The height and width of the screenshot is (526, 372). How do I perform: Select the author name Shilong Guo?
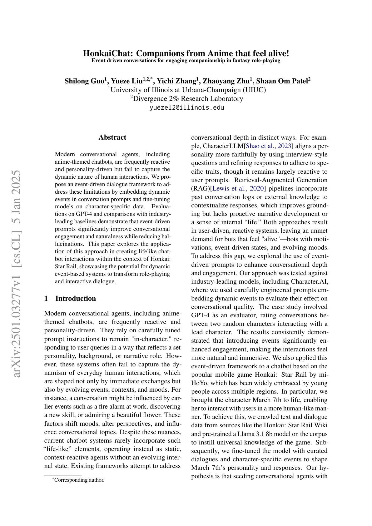coord(84,81)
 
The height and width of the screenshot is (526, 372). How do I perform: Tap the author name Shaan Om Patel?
coord(282,81)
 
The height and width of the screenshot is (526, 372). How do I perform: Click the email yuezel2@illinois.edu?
coord(187,107)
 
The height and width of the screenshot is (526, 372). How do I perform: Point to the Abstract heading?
coord(112,137)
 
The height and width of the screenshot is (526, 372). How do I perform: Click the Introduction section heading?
coord(75,298)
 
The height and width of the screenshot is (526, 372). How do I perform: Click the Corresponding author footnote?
coord(79,480)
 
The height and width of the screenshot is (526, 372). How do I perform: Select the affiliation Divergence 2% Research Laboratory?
coord(186,99)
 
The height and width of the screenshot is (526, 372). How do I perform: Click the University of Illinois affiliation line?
coord(187,90)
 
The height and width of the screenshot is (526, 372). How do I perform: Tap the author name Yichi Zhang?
coord(176,81)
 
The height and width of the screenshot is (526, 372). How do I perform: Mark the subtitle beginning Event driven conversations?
coord(186,60)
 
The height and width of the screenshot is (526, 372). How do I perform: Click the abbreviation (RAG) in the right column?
coord(201,188)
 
